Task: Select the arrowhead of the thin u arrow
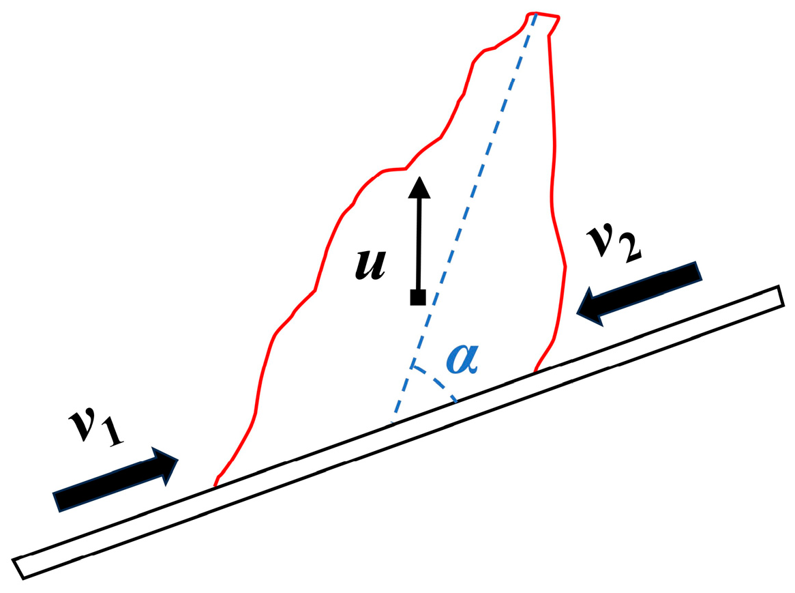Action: [419, 186]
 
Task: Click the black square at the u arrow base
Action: [418, 297]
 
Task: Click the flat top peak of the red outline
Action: [543, 15]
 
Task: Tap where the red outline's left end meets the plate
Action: [215, 486]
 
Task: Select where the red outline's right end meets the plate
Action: [535, 371]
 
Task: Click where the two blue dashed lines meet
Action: [411, 366]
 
